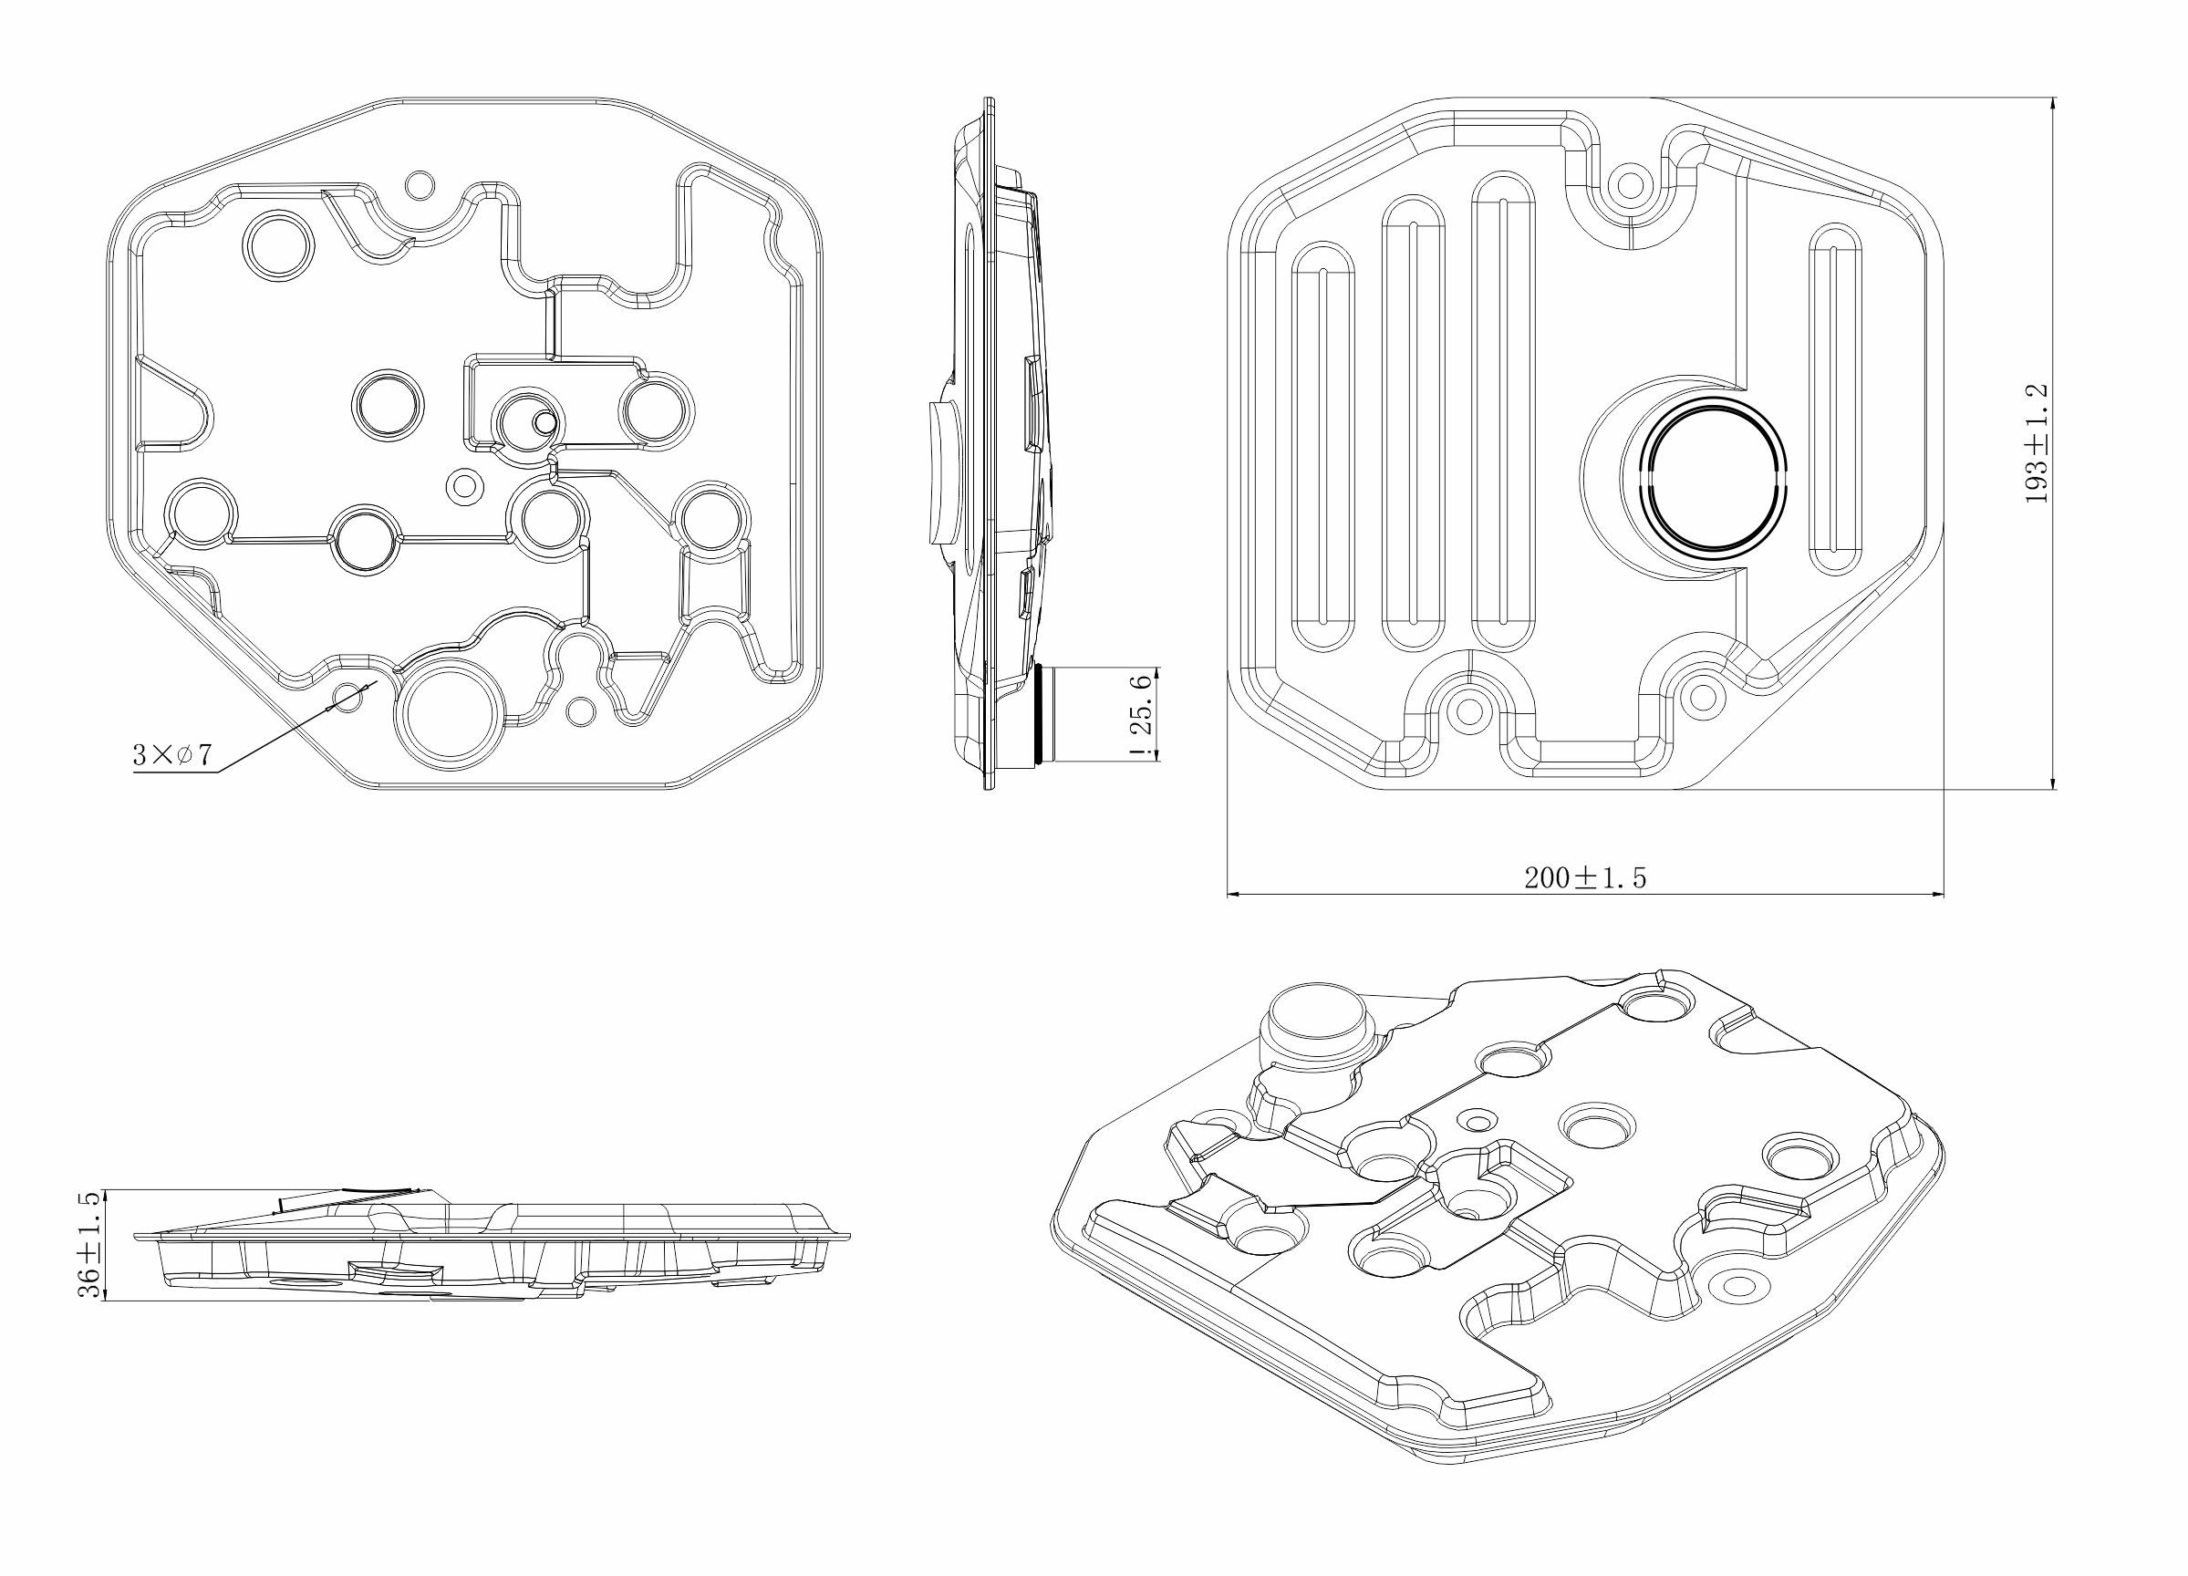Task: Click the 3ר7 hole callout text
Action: coord(171,754)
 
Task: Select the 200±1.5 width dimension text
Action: coord(1584,876)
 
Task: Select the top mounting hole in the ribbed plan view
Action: coord(1630,184)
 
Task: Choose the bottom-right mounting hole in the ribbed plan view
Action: coord(1703,695)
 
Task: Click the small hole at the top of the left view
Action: coord(420,184)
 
